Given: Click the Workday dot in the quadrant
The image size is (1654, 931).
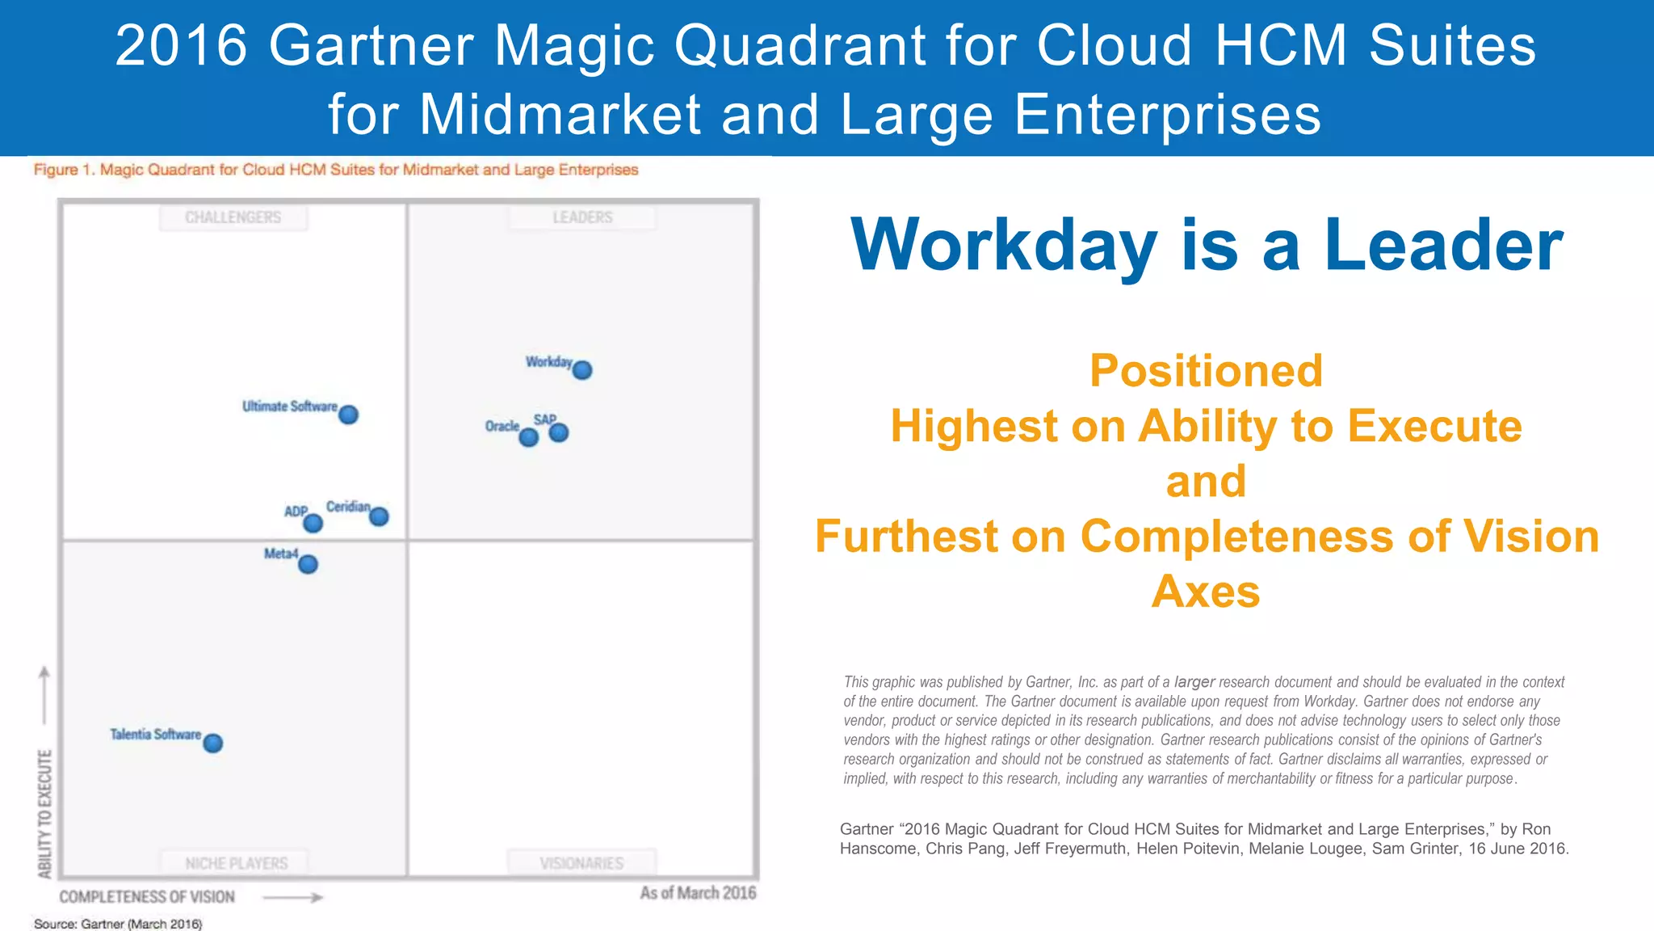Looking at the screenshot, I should point(582,370).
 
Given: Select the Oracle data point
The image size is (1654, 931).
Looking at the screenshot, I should point(529,437).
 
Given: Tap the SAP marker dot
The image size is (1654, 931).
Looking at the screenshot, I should point(559,433).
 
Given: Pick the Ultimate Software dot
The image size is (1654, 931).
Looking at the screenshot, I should point(349,415).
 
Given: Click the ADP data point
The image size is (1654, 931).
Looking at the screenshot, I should point(313,524).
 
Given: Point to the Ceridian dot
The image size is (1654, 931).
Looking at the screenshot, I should point(379,516).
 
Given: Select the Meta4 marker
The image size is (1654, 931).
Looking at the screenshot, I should point(308,564).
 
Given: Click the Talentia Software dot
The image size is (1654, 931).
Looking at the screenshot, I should point(213,744).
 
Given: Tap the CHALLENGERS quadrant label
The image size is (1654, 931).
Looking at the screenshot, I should point(233,218).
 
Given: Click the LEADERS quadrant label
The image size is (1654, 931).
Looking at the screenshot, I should point(582,218).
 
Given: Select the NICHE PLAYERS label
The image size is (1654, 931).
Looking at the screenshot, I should point(236,864).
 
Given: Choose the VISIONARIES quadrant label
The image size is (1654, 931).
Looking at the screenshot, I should point(581,864).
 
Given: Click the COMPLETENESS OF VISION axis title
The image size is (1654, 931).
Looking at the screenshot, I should point(147,897).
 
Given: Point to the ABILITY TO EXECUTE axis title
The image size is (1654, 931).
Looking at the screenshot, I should point(45,814).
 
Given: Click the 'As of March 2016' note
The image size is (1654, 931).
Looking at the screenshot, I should point(698,893).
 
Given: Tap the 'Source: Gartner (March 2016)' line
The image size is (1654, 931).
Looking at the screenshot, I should point(118,924).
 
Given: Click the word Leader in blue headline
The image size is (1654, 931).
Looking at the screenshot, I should point(1443,245).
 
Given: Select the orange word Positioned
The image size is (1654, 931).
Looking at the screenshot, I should point(1206,371).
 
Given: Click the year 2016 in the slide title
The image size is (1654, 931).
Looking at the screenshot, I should point(181,45).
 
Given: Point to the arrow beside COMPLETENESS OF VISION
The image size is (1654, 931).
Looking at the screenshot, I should point(293,897).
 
